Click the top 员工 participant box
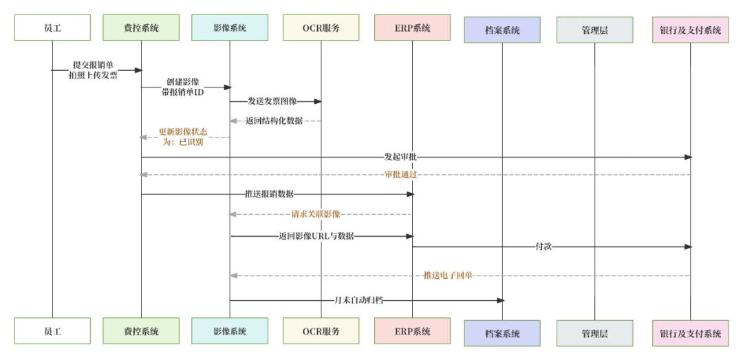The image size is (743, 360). pyautogui.click(x=52, y=28)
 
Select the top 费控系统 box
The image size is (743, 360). pyautogui.click(x=141, y=28)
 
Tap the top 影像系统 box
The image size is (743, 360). pyautogui.click(x=230, y=28)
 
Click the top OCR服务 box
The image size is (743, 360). pyautogui.click(x=321, y=28)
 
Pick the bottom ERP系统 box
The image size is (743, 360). pyautogui.click(x=412, y=331)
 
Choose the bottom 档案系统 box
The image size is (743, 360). pyautogui.click(x=502, y=334)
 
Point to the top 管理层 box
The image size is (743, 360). pyautogui.click(x=594, y=30)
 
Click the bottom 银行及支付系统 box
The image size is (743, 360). pyautogui.click(x=690, y=334)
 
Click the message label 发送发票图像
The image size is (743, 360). pyautogui.click(x=272, y=101)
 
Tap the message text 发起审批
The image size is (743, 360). pyautogui.click(x=401, y=158)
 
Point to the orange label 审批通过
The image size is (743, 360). pyautogui.click(x=401, y=175)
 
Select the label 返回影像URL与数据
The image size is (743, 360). pyautogui.click(x=316, y=236)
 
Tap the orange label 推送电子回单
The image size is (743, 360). pyautogui.click(x=448, y=275)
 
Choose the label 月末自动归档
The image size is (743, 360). pyautogui.click(x=358, y=300)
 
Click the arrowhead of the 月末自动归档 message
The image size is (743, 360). pyautogui.click(x=501, y=300)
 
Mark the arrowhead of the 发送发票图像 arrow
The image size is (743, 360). pyautogui.click(x=318, y=101)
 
